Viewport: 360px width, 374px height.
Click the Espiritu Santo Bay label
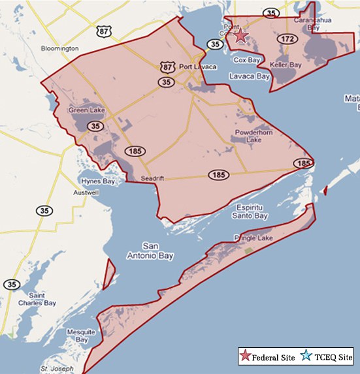251,211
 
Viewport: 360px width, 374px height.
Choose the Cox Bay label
247,60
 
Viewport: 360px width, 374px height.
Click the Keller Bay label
287,66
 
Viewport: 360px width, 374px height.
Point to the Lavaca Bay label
250,76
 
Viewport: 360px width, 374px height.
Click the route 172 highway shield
287,39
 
